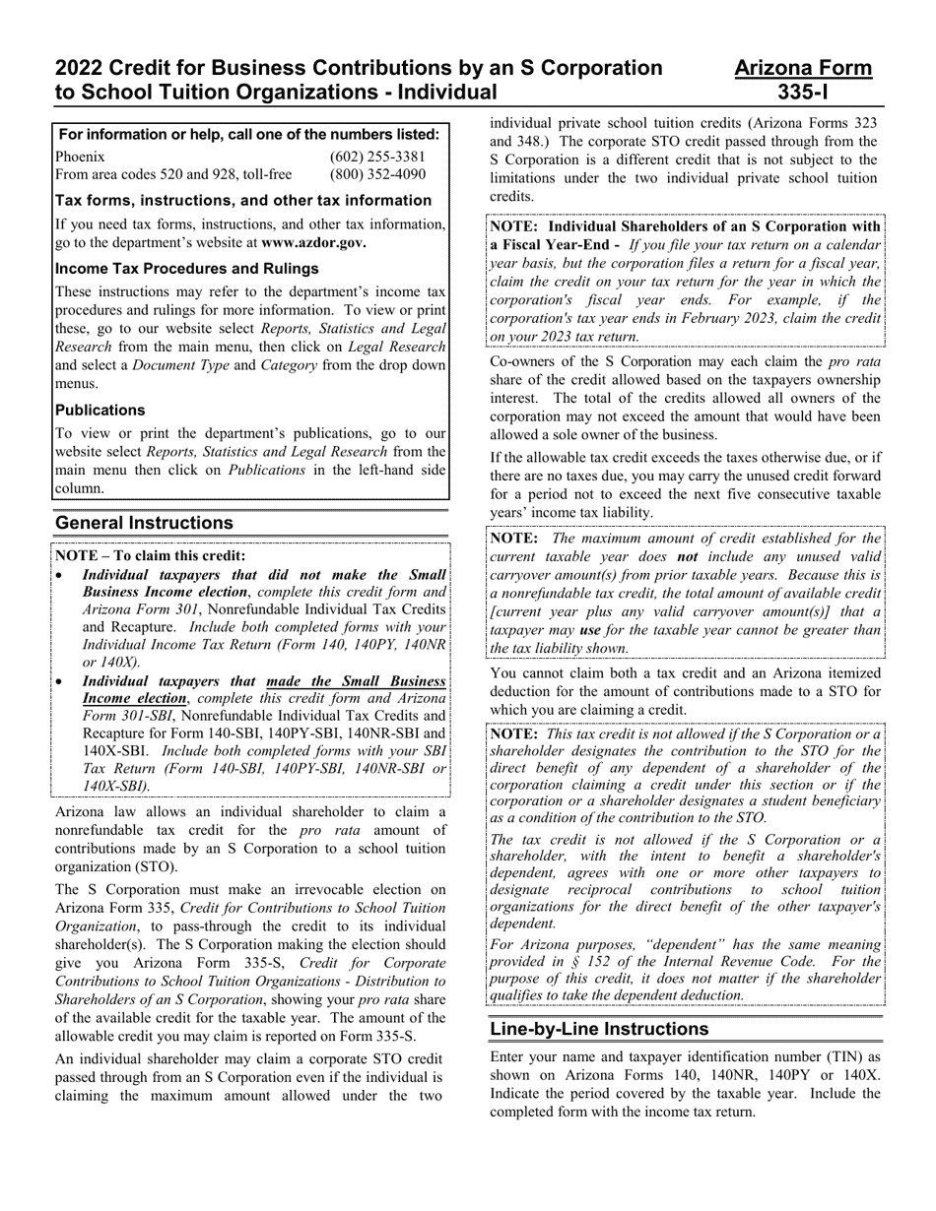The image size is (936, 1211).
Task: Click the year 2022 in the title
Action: [x=80, y=68]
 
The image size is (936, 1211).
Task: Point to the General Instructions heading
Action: [x=144, y=523]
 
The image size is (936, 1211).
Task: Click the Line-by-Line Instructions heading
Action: [x=599, y=1029]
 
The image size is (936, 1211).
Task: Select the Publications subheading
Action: [x=100, y=411]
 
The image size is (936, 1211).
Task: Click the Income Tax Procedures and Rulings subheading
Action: [x=186, y=269]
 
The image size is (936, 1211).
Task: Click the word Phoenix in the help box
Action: [x=80, y=157]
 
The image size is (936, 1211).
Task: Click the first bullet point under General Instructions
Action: [x=61, y=575]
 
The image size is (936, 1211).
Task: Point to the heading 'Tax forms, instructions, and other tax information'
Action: [x=242, y=201]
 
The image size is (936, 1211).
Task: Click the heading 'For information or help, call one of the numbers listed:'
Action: [x=249, y=134]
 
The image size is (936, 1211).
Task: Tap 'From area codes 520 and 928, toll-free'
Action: [x=173, y=175]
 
